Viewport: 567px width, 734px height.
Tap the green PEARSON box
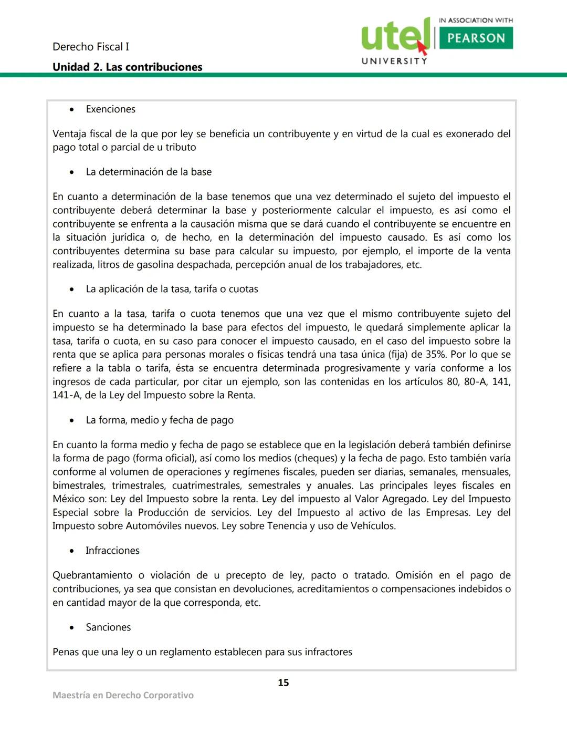(476, 38)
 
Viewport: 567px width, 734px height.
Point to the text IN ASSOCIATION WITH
(476, 20)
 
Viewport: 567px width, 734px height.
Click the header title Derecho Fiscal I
(90, 47)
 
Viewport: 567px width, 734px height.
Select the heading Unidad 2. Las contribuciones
(127, 67)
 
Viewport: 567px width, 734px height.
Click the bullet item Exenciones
(110, 109)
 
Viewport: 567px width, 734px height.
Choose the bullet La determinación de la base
(149, 172)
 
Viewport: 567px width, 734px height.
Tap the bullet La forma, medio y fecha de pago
(160, 420)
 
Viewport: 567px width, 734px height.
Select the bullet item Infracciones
(112, 550)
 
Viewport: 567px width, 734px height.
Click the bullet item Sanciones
(108, 627)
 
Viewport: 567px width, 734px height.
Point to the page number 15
(283, 683)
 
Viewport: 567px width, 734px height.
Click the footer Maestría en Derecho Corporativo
(123, 695)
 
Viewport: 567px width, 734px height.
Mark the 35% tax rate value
(435, 354)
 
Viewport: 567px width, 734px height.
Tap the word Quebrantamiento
(92, 575)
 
